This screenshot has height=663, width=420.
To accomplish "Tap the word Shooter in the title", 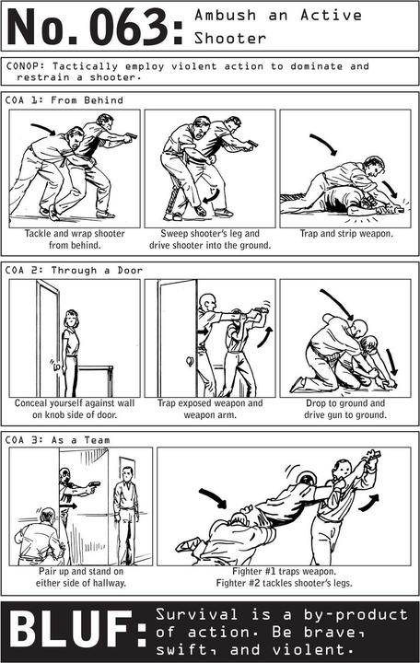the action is coord(230,39).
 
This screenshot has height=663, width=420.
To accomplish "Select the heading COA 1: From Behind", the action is coord(64,100).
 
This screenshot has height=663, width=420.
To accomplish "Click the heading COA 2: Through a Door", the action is coord(74,270).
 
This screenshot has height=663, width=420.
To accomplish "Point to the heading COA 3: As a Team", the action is coord(57,440).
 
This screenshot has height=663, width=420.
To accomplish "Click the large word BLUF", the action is coord(72,632).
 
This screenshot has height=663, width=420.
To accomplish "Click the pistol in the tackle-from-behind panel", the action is coord(132,136).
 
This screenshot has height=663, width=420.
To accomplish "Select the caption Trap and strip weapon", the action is coord(346,233).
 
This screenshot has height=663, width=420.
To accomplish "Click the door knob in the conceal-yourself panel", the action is coord(55,366).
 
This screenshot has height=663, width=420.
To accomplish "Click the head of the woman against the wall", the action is coord(71,319).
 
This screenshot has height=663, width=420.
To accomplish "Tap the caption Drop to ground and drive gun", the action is coord(345,409).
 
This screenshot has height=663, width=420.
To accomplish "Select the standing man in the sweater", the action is coord(126,515).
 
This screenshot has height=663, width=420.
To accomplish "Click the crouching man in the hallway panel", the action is coord(41,537).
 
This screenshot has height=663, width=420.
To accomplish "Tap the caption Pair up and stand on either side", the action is coord(81,577).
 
